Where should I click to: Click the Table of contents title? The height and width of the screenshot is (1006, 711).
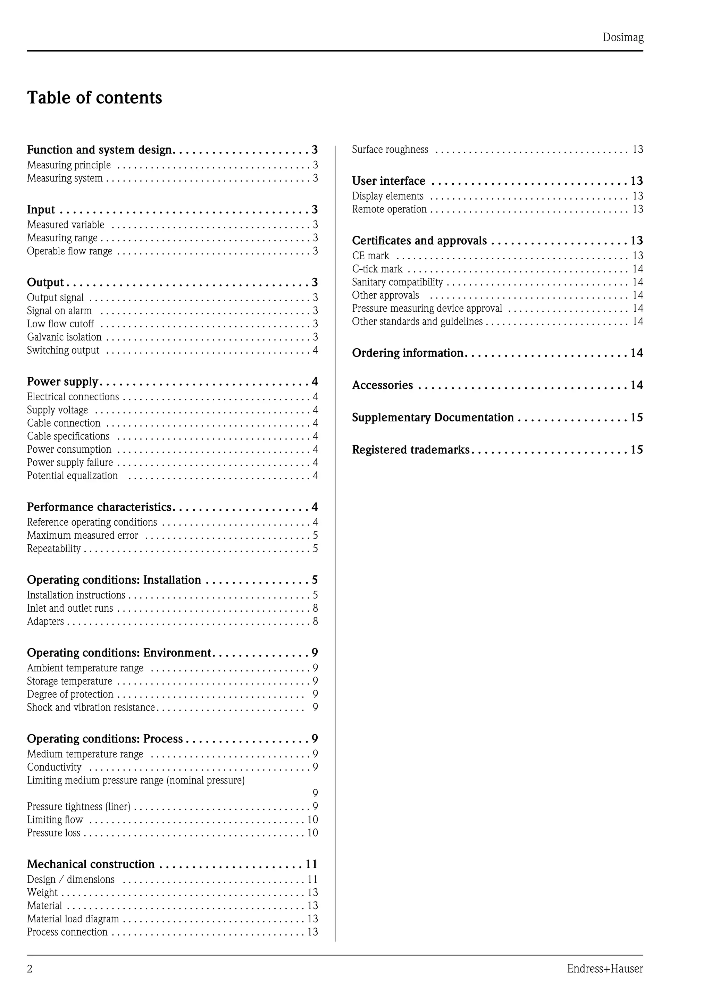[95, 98]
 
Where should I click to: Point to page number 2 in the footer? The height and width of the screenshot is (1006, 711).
[30, 969]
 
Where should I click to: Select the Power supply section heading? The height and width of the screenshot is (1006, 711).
[62, 382]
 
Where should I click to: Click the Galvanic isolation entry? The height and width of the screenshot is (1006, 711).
[64, 337]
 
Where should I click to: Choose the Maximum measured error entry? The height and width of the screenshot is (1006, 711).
[82, 535]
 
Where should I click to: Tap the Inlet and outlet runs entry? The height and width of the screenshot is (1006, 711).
[70, 608]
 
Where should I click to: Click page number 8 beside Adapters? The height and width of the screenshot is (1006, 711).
[315, 621]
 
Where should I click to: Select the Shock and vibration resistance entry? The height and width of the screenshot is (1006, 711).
[91, 707]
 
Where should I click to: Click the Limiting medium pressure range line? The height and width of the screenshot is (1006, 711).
[136, 780]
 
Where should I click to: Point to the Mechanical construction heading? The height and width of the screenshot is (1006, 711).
[91, 864]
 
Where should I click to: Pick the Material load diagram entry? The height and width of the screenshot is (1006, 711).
[73, 919]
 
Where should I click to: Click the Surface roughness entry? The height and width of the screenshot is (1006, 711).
[390, 149]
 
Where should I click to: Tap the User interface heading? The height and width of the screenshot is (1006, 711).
[388, 181]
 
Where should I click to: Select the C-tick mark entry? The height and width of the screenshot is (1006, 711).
[377, 269]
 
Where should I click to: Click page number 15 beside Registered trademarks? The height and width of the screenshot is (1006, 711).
[636, 450]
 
